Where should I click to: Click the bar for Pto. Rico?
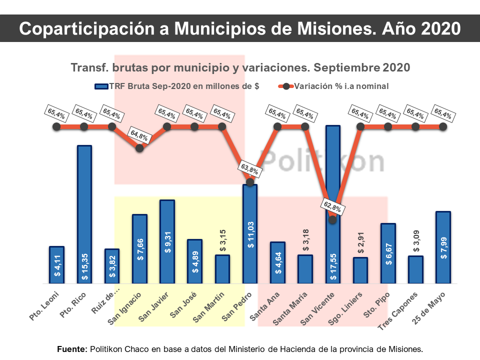84,214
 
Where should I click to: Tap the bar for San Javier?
167,242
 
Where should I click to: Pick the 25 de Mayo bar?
443,247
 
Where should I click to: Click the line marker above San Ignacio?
139,147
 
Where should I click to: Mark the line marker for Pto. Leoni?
56,127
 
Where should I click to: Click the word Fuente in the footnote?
72,348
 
